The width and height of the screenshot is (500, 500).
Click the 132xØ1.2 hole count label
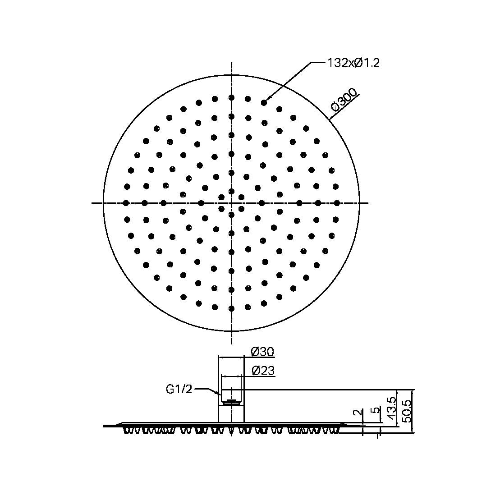click(353, 63)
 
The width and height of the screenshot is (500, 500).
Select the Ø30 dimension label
click(262, 352)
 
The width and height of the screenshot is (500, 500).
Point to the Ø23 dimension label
click(263, 371)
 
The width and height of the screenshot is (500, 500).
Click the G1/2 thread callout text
click(179, 389)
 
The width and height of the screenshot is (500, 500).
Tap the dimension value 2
click(357, 413)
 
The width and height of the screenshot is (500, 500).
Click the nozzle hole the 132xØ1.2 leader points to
click(264, 103)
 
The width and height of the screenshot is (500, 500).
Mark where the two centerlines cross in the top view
click(231, 203)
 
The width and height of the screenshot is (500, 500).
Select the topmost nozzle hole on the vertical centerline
click(231, 97)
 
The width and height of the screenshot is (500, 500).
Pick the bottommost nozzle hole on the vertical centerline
click(231, 309)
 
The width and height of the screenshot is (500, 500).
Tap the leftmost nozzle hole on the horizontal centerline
click(126, 203)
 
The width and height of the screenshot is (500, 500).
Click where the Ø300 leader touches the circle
click(330, 119)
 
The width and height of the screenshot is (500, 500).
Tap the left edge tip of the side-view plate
click(104, 425)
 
